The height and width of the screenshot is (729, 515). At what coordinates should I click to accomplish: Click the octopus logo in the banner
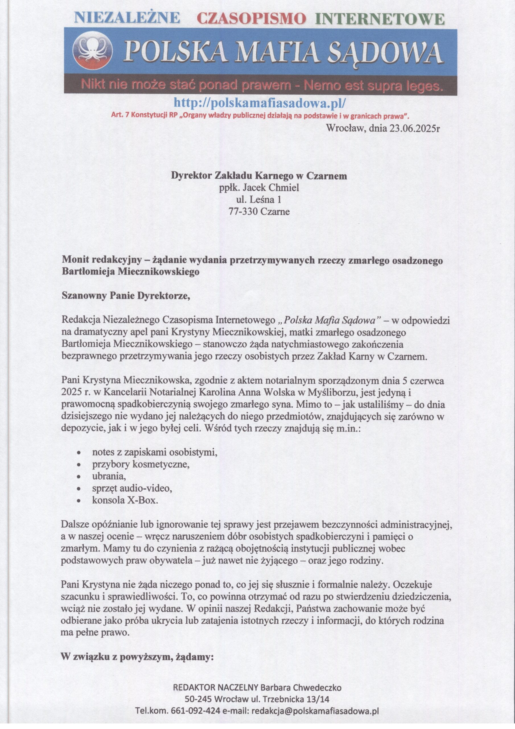(93, 52)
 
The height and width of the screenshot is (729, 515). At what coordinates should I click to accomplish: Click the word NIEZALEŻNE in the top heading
(127, 19)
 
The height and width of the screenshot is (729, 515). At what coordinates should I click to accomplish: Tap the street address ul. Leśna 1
(259, 200)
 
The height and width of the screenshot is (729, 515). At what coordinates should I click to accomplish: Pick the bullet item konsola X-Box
(125, 500)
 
